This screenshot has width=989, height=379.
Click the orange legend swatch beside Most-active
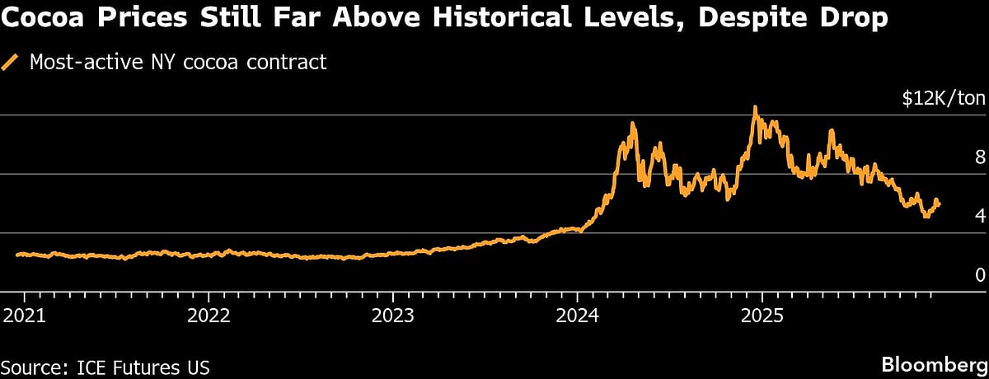(x=12, y=63)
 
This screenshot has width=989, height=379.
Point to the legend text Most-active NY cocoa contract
(x=178, y=63)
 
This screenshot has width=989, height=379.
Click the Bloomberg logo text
(x=934, y=363)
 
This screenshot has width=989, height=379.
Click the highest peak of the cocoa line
(x=754, y=107)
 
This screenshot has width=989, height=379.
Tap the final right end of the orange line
(x=940, y=204)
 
